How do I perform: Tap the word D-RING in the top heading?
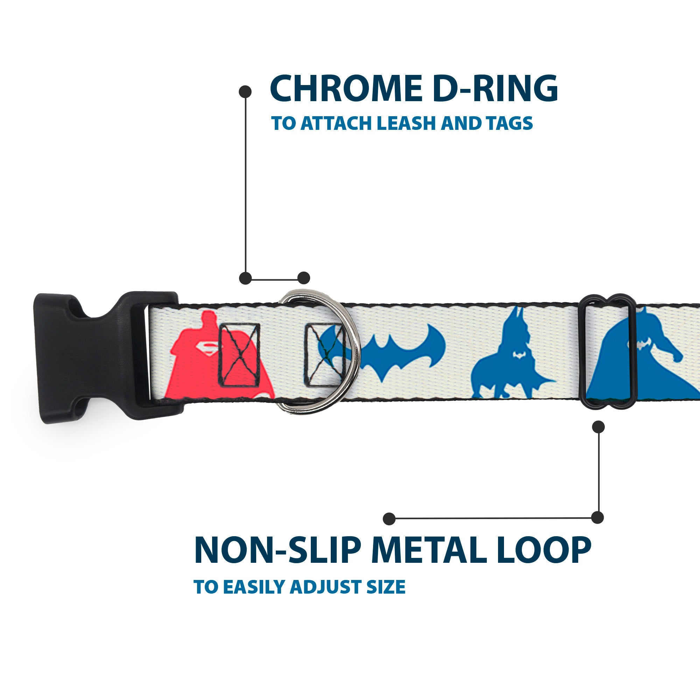tap(495, 89)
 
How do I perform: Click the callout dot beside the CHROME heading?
tap(245, 92)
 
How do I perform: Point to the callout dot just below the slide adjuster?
tap(598, 427)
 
